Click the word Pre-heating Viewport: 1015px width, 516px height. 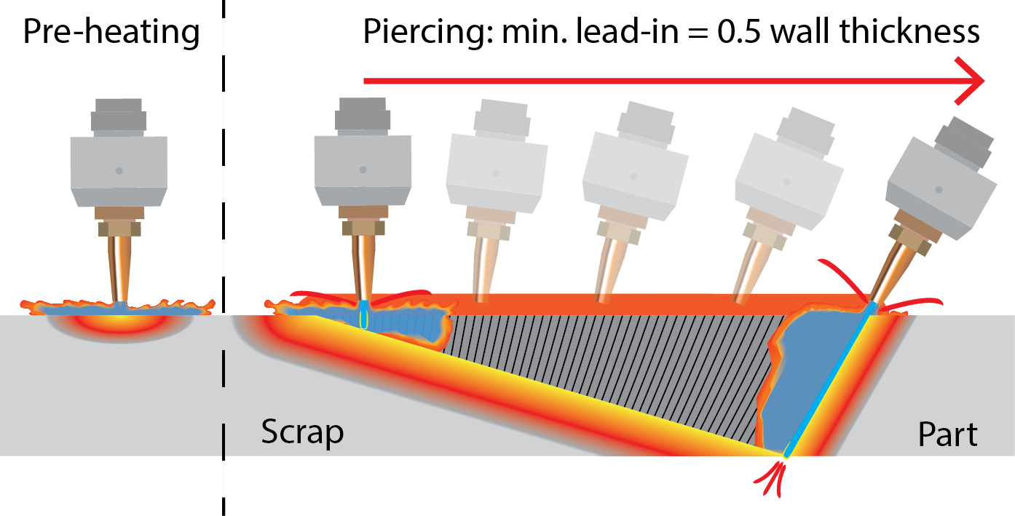[x=111, y=32]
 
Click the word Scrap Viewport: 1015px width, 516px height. [x=302, y=432]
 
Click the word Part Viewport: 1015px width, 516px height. [x=947, y=434]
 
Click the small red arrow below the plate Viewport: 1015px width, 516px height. [x=775, y=480]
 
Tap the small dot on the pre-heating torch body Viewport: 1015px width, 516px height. [x=119, y=170]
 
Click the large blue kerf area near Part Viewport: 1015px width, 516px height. [x=808, y=378]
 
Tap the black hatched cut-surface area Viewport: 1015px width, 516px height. [x=612, y=364]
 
